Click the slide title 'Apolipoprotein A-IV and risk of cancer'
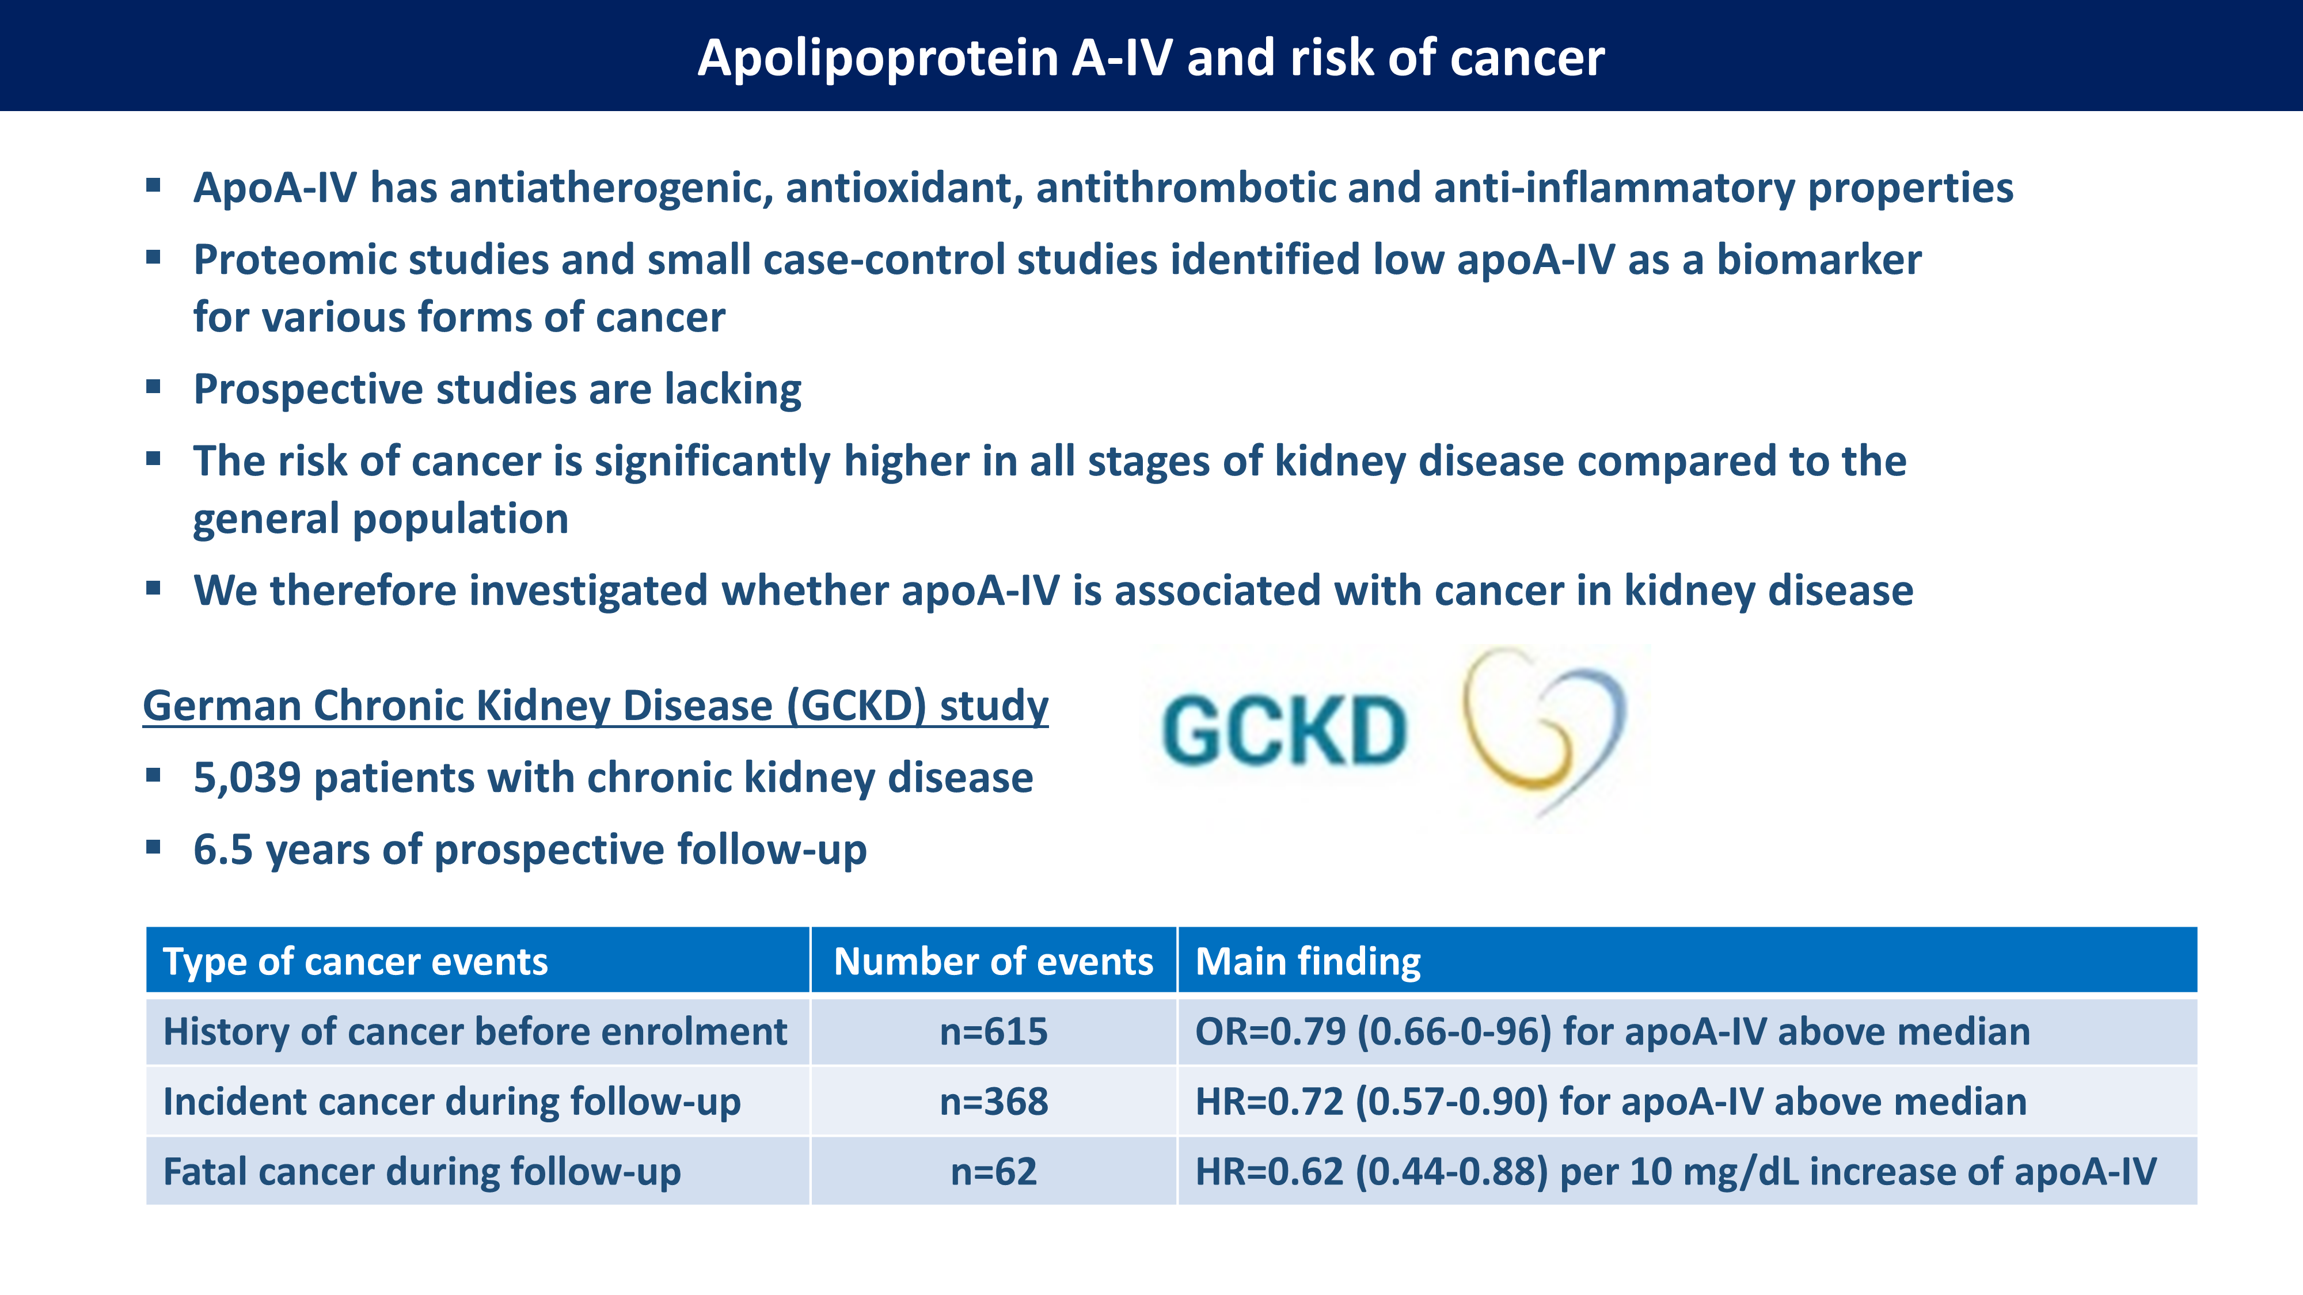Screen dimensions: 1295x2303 click(x=1150, y=58)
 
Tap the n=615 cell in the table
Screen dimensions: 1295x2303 click(x=993, y=1031)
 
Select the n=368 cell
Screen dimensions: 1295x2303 click(x=993, y=1101)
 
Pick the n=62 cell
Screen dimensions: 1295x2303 click(x=993, y=1171)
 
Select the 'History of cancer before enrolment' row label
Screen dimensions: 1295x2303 click(x=475, y=1031)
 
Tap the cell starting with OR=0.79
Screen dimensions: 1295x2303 click(x=1612, y=1031)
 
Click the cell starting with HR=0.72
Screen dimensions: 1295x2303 click(x=1610, y=1101)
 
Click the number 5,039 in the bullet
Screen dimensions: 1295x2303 click(x=247, y=778)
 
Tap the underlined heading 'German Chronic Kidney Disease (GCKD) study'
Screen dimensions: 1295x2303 click(x=595, y=706)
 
